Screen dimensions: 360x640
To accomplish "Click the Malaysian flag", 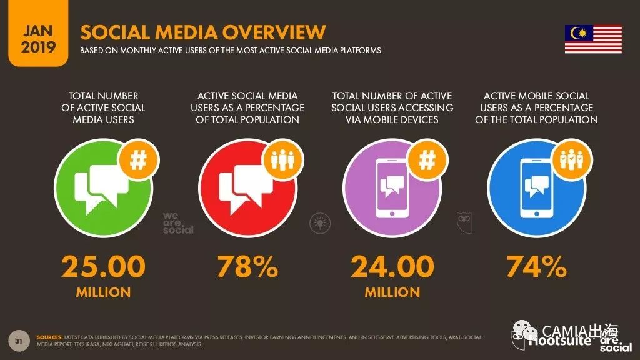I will (x=593, y=39).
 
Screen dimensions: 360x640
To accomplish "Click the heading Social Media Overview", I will (x=204, y=32).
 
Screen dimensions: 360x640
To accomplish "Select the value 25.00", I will (x=103, y=267).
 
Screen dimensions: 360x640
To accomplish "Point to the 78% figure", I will (x=247, y=267).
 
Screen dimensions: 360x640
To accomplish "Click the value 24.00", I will (x=392, y=267).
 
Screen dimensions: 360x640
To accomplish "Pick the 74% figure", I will (x=536, y=267).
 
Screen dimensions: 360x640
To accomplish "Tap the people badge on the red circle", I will (x=282, y=161).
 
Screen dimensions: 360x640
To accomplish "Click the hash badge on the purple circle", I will (x=427, y=161).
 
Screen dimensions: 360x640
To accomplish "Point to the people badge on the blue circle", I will (x=571, y=161).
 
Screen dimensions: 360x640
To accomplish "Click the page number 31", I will (x=19, y=341).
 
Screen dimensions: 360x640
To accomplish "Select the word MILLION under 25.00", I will (x=103, y=292).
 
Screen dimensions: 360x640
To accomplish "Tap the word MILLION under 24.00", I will (x=392, y=292).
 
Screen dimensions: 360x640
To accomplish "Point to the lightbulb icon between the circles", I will (x=320, y=221).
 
